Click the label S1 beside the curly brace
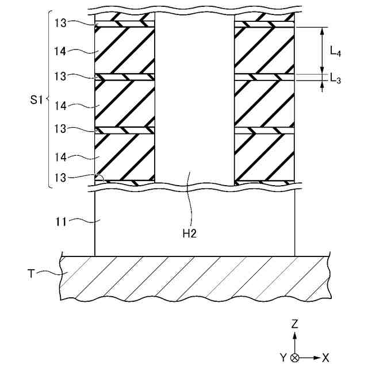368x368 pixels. pyautogui.click(x=37, y=101)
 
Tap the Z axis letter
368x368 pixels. pyautogui.click(x=295, y=324)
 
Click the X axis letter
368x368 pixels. pyautogui.click(x=326, y=358)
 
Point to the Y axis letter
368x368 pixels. pyautogui.click(x=283, y=358)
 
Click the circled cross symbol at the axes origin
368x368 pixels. pyautogui.click(x=295, y=358)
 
